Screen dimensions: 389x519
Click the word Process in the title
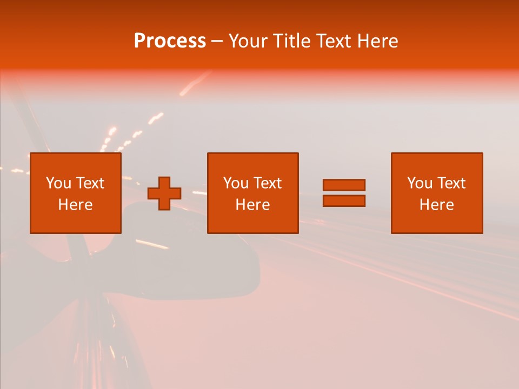pyautogui.click(x=170, y=41)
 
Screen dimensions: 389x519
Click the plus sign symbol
pyautogui.click(x=164, y=193)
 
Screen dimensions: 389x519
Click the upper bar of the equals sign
pyautogui.click(x=344, y=185)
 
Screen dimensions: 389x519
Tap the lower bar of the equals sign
pyautogui.click(x=344, y=200)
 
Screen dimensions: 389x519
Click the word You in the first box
pyautogui.click(x=58, y=183)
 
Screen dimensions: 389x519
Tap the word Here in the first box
pyautogui.click(x=75, y=205)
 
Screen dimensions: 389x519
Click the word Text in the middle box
pyautogui.click(x=268, y=183)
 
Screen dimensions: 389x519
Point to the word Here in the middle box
pyautogui.click(x=252, y=205)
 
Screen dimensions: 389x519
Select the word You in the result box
pyautogui.click(x=420, y=183)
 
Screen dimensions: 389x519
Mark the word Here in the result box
pyautogui.click(x=436, y=205)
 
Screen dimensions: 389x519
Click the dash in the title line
pyautogui.click(x=217, y=42)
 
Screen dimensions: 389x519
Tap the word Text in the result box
pyautogui.click(x=451, y=183)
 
